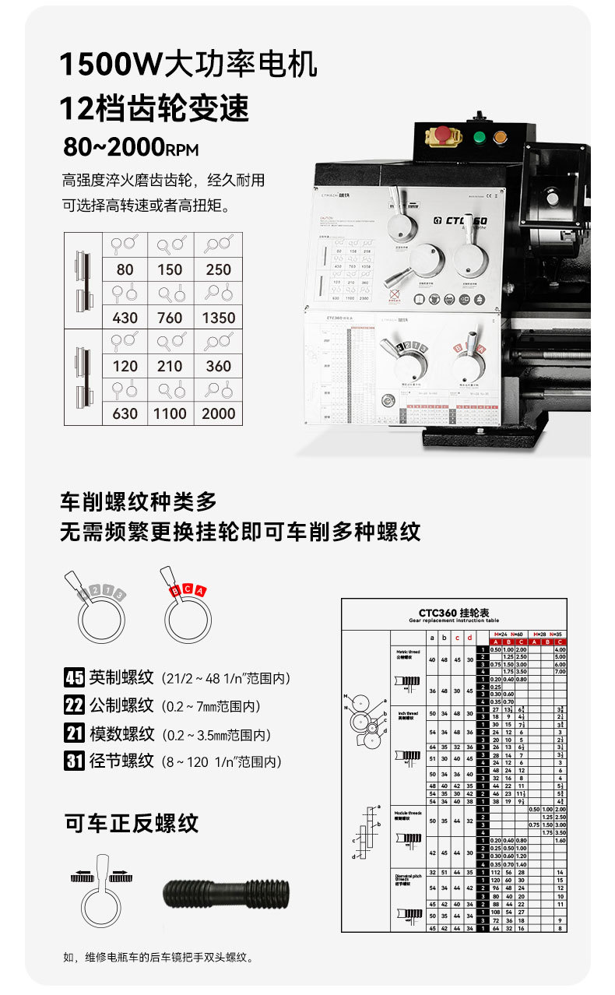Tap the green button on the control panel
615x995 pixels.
pos(480,139)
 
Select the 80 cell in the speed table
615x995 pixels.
pos(125,269)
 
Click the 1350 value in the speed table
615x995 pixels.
pos(218,318)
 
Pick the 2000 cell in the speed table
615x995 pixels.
pos(218,413)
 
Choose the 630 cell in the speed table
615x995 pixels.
pos(125,413)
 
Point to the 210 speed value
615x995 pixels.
pos(170,366)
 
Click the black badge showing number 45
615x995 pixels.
pos(74,677)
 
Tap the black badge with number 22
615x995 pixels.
pos(74,705)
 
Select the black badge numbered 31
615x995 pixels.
pos(74,761)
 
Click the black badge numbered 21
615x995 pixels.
pos(74,733)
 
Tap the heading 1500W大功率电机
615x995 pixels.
pos(188,65)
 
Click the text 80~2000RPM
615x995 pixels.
pos(131,147)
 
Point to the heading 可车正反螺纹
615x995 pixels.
pos(132,823)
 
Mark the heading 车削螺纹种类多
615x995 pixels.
pos(139,501)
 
